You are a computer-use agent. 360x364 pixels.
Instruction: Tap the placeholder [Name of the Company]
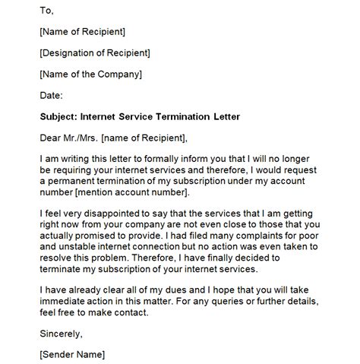pyautogui.click(x=90, y=74)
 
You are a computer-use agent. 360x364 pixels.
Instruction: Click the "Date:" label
pyautogui.click(x=51, y=95)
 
